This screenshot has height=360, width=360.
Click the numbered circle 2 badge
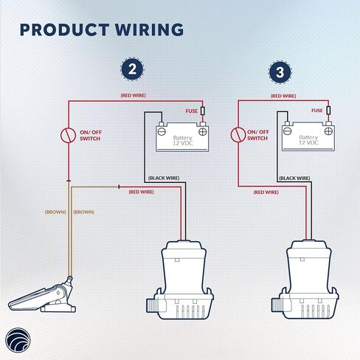(132, 69)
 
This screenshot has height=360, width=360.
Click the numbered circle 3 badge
(280, 72)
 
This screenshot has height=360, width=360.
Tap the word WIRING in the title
(149, 30)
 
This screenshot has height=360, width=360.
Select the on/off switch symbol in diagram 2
(68, 136)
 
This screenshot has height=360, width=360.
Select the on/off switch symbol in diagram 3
(238, 135)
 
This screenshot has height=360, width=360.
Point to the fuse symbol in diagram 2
(203, 111)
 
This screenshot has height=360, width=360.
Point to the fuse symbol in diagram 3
(328, 110)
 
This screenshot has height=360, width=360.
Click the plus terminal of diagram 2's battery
(203, 132)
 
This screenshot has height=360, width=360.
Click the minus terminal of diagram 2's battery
(162, 132)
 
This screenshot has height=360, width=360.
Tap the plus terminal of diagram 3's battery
(328, 131)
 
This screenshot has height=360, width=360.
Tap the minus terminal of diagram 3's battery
(287, 131)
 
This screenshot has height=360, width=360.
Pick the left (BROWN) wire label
(55, 212)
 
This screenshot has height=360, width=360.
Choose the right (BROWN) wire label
(83, 212)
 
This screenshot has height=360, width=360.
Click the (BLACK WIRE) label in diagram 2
(164, 178)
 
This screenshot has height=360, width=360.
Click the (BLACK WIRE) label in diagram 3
(294, 178)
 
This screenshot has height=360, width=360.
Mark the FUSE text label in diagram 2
(192, 111)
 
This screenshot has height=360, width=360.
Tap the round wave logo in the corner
(18, 340)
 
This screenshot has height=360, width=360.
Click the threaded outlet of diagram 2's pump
(150, 305)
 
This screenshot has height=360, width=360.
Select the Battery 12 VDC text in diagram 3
(308, 140)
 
